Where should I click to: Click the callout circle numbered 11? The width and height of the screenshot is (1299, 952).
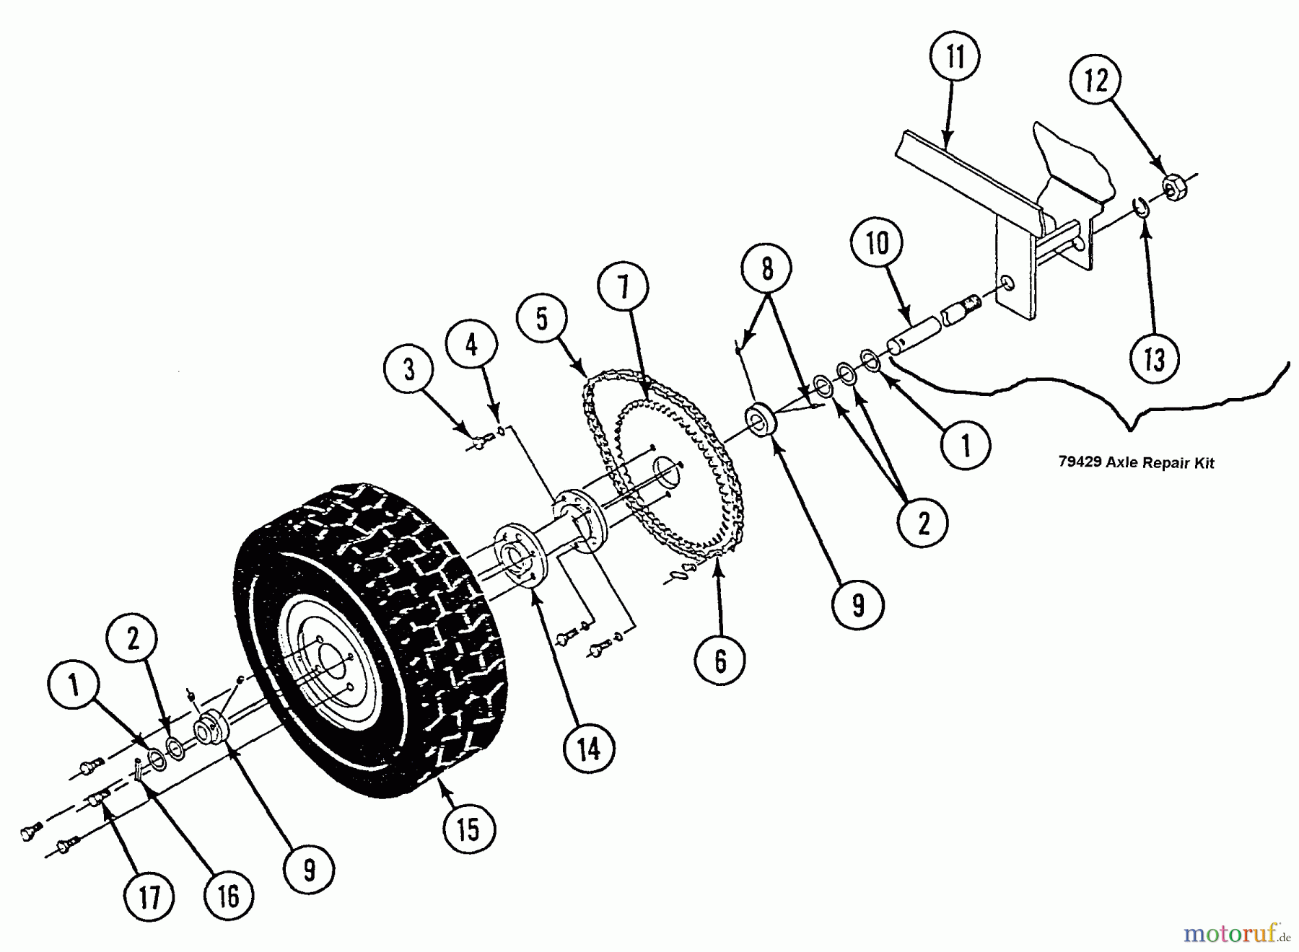[x=955, y=56]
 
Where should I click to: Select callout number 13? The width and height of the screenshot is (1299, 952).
[x=1154, y=358]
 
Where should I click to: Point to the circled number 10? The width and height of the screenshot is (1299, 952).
[x=878, y=243]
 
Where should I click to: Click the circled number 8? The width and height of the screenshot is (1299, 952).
[x=767, y=268]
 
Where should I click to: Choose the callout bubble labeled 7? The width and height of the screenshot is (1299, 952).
[x=624, y=288]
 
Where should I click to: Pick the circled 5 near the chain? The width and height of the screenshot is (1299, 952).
[x=542, y=318]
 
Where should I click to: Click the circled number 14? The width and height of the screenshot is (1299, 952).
[x=589, y=750]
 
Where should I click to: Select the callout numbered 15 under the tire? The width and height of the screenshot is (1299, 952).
[x=468, y=829]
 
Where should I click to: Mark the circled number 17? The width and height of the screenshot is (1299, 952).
[x=149, y=897]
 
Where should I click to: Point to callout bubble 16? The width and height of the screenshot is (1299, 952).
[x=228, y=896]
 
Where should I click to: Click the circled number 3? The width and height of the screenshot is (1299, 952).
[x=409, y=369]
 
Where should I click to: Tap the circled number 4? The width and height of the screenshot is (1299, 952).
[x=471, y=345]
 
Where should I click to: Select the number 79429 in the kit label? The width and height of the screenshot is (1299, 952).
[x=1080, y=462]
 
